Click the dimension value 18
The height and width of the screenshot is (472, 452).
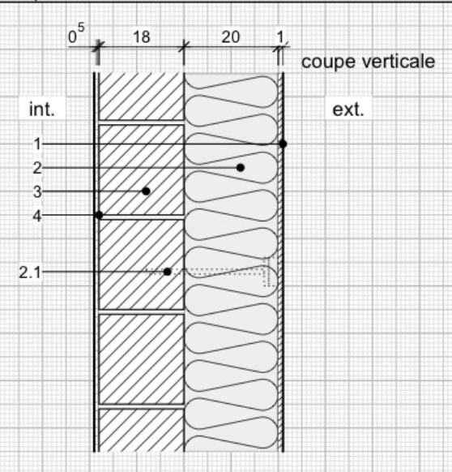[x=141, y=37]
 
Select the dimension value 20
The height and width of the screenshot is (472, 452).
[x=231, y=37]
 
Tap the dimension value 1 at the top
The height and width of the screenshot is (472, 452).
[x=280, y=37]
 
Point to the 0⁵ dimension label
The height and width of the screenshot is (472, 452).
[x=76, y=34]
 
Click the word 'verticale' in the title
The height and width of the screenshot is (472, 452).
[x=399, y=62]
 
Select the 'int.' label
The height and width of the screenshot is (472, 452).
[x=42, y=109]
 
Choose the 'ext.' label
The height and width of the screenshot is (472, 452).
[x=348, y=109]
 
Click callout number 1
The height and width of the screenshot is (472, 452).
[x=37, y=144]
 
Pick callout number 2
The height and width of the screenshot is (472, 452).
[x=37, y=168]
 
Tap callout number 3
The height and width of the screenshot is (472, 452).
[x=37, y=191]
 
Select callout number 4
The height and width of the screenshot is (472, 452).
[x=37, y=216]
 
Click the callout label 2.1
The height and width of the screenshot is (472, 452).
[x=30, y=272]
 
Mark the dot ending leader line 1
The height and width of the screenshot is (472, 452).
[x=283, y=144]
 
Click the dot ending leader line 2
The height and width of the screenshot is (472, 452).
[x=241, y=168]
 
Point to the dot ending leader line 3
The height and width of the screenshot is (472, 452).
[x=146, y=191]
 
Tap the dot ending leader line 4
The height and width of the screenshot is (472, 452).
[x=99, y=215]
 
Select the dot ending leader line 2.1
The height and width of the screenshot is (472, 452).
[x=168, y=272]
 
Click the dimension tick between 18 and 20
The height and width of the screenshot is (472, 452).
[x=184, y=47]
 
